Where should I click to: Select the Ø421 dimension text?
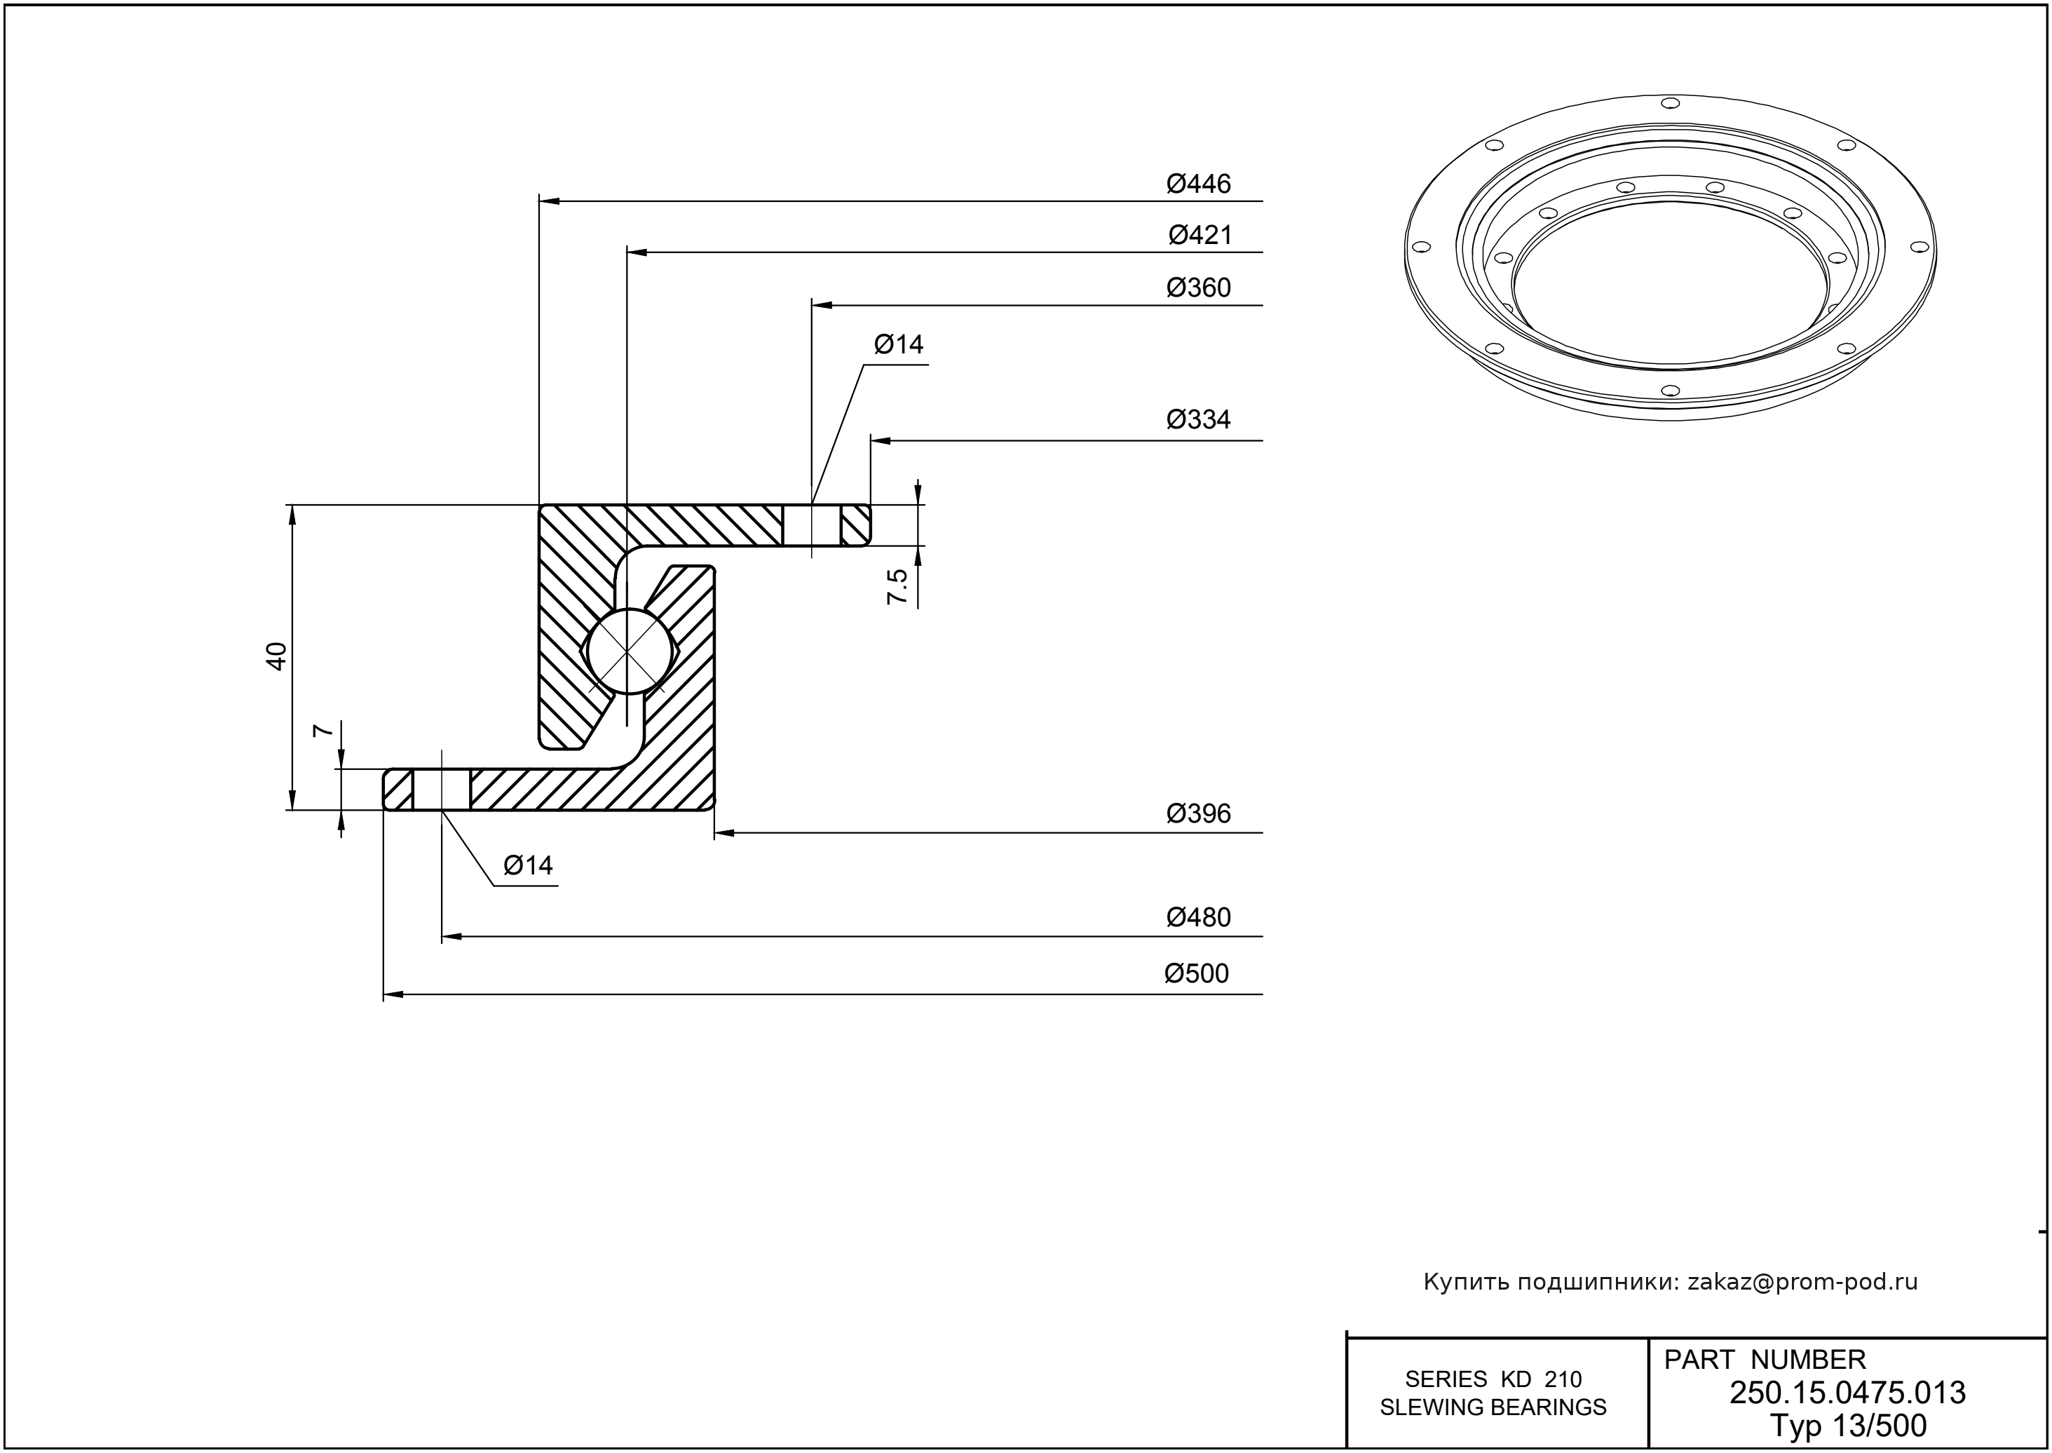point(1200,236)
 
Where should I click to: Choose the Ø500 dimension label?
point(1196,973)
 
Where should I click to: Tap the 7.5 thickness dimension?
point(897,587)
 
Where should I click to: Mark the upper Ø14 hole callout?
point(898,344)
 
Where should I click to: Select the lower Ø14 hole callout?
point(528,865)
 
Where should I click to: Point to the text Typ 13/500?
point(1847,1425)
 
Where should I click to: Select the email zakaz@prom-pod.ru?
point(1802,1282)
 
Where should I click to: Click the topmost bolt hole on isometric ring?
point(1669,103)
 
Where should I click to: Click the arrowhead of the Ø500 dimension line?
point(392,994)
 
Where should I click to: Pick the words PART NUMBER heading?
point(1764,1360)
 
